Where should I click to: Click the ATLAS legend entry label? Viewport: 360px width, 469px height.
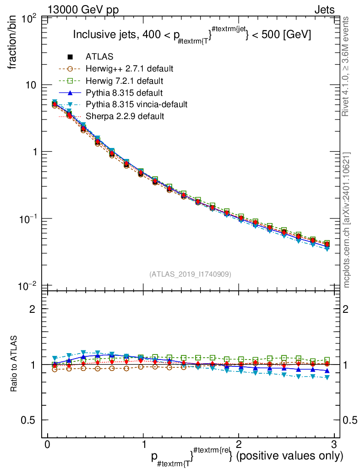[99, 57]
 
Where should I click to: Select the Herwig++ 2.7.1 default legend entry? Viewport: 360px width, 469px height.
[129, 69]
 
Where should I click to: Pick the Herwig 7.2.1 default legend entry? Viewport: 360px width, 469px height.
[125, 81]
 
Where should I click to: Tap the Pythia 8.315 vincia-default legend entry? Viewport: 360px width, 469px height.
[136, 104]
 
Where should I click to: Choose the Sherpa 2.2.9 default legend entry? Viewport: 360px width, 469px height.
[125, 116]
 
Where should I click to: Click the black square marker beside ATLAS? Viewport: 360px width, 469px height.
[70, 57]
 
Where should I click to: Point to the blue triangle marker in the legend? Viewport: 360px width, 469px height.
[70, 93]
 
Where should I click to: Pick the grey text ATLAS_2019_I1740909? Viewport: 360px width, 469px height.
[191, 274]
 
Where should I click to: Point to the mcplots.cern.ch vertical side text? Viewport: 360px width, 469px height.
[347, 220]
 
